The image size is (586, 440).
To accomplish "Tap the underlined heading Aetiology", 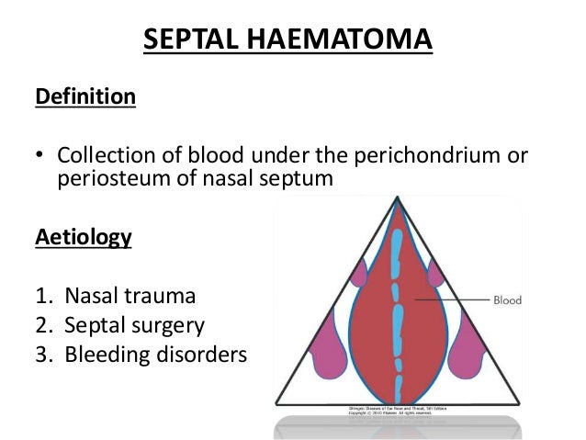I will point(83,238).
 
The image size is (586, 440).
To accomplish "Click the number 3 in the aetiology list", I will point(41,354).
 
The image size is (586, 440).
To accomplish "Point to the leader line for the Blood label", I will point(450,299).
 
